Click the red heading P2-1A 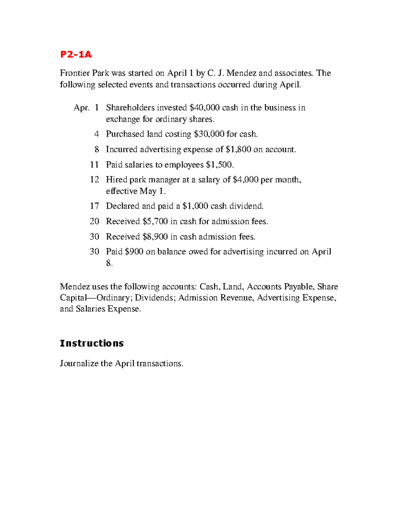click(x=75, y=54)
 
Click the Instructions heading click(x=91, y=343)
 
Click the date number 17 click(x=94, y=206)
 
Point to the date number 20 click(x=94, y=221)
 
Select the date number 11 click(x=94, y=165)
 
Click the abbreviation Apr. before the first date click(x=81, y=108)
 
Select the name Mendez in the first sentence click(x=241, y=73)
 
